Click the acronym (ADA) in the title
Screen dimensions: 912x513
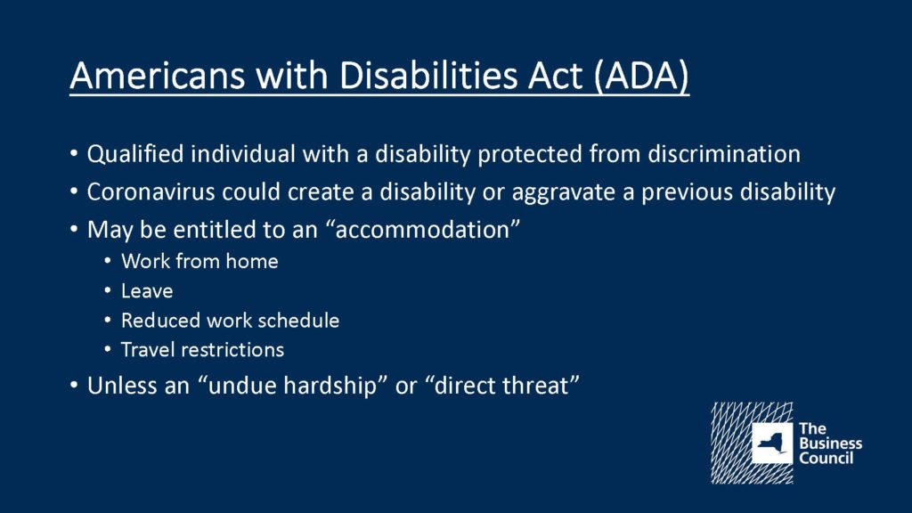pos(641,76)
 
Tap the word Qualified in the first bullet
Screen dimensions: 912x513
pos(135,155)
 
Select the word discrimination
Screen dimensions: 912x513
pos(724,154)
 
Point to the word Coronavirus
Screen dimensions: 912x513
pos(151,192)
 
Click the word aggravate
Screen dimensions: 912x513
pos(564,193)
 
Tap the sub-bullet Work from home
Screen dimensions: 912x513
pos(199,261)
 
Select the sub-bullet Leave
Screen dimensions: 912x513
pos(147,291)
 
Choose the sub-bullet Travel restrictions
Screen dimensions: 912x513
pos(202,349)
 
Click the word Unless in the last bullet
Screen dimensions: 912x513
pos(122,386)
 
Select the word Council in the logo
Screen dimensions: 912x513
pos(826,458)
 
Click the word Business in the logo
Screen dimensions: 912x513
pos(831,444)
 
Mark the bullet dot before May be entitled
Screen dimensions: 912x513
pos(74,230)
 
